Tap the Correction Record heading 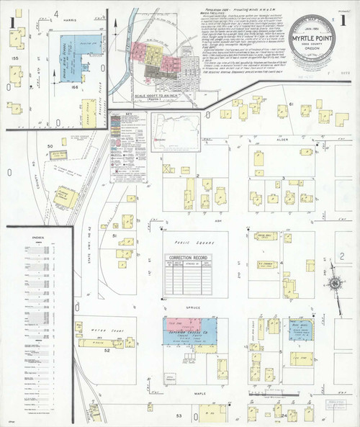[187, 257]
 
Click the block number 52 [106, 351]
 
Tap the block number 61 [292, 107]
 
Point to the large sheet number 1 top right [344, 21]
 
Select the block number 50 [51, 146]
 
